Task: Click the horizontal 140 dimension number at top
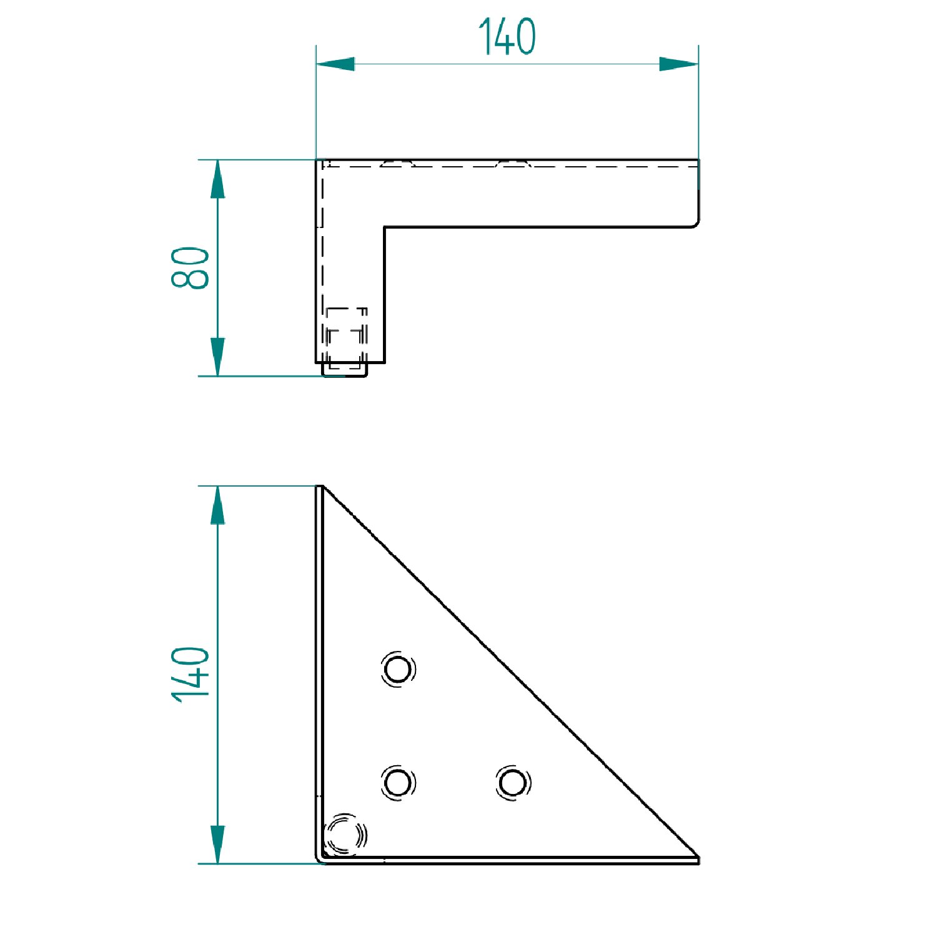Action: [x=507, y=36]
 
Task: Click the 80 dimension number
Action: [x=190, y=267]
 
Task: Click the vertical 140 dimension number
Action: [x=190, y=675]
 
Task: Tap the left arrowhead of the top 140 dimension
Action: [x=335, y=64]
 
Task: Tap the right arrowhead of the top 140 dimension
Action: [x=679, y=64]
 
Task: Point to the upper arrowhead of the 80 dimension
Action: [x=217, y=179]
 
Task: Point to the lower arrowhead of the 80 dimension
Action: [x=217, y=357]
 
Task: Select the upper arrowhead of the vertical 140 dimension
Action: [x=217, y=505]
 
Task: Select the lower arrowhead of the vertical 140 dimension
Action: [x=217, y=845]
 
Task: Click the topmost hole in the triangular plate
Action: [x=398, y=670]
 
